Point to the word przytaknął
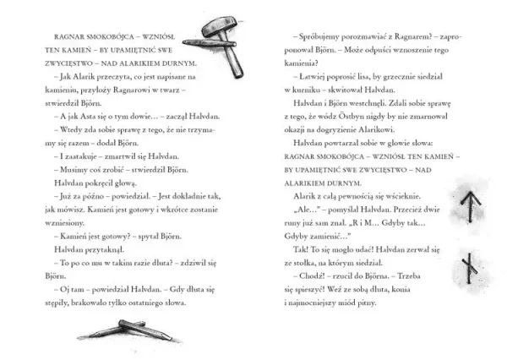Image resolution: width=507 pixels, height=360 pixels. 85,238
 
